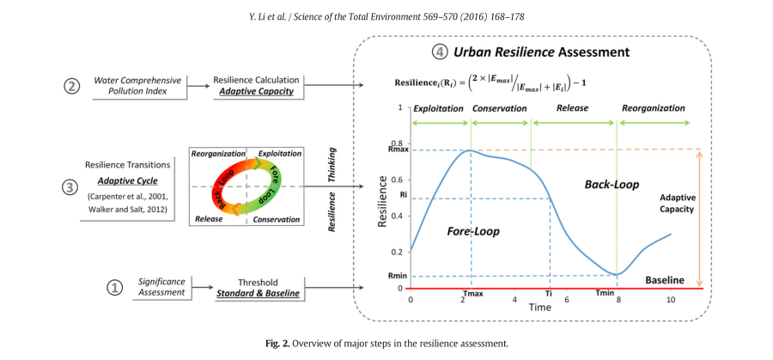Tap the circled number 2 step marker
point(72,85)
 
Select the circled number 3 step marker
point(72,185)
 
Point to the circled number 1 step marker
point(113,288)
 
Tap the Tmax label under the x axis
point(472,294)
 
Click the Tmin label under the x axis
point(605,294)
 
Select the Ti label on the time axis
point(548,294)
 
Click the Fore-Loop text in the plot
point(473,230)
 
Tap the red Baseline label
point(664,280)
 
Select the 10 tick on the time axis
point(670,298)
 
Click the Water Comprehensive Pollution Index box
point(137,85)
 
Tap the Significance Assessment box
point(162,288)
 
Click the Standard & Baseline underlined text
point(259,294)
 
